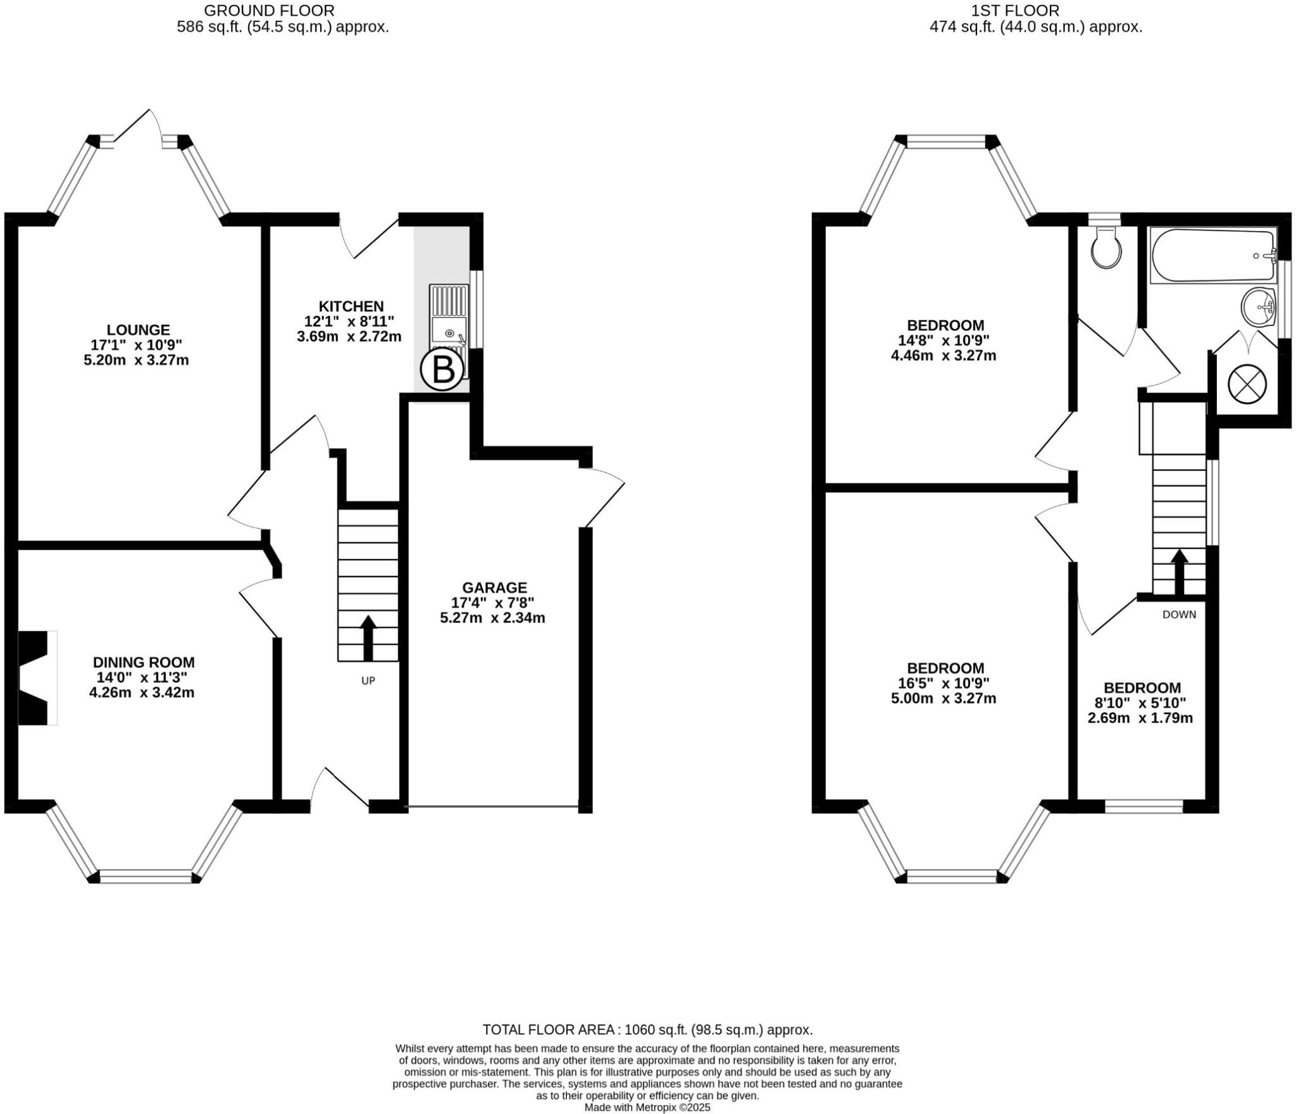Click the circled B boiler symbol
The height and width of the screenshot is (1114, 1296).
442,370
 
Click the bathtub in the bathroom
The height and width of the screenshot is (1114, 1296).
1212,256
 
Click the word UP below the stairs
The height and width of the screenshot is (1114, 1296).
368,681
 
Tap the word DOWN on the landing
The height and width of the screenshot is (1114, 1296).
1179,614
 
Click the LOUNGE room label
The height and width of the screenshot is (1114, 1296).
138,330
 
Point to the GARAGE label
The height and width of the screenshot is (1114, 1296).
494,587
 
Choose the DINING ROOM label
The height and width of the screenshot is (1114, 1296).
144,663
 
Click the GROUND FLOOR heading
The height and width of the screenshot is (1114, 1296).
269,11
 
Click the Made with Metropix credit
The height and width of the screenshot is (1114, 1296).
647,1108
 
